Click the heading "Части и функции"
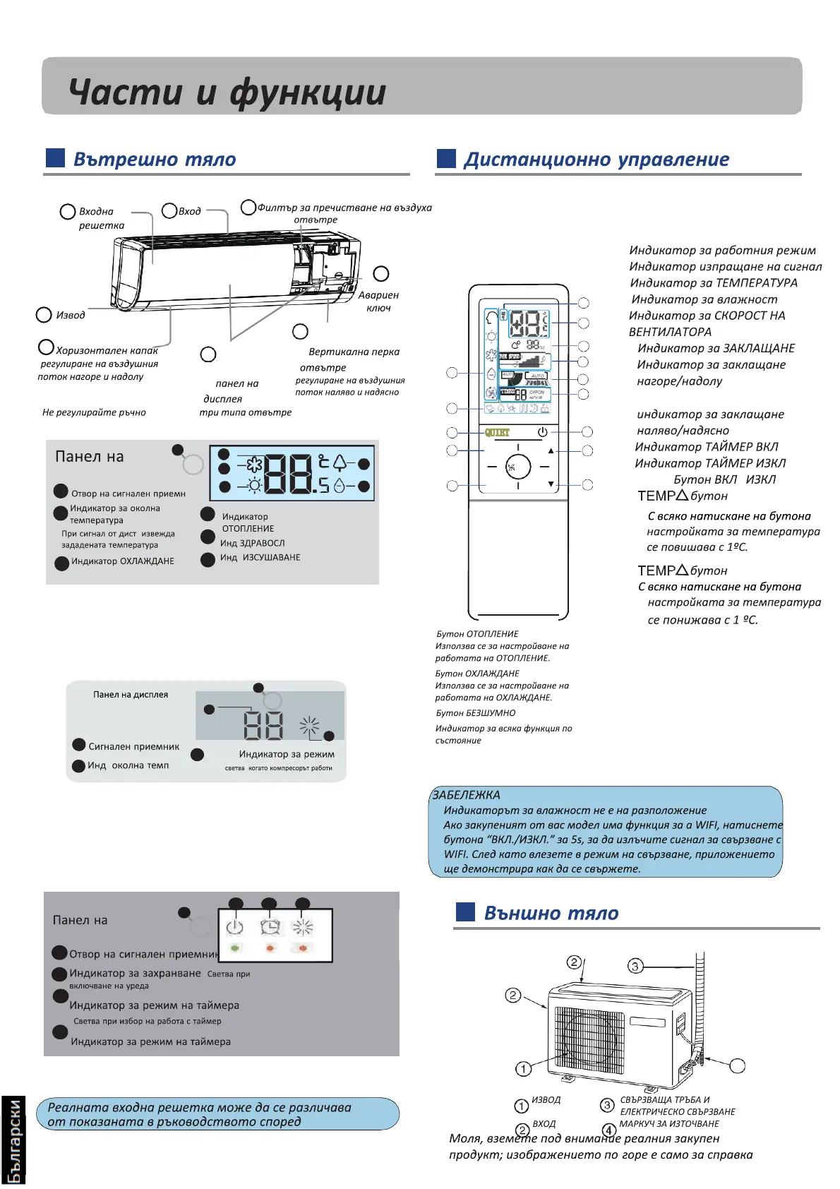click(x=227, y=92)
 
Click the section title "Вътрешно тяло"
click(x=155, y=160)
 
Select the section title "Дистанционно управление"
click(x=596, y=160)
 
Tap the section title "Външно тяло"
click(x=551, y=913)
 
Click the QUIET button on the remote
click(x=497, y=432)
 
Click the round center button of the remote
click(x=518, y=467)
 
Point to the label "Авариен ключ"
click(x=378, y=301)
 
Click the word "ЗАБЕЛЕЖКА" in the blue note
click(x=466, y=795)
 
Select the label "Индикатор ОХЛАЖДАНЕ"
click(x=123, y=561)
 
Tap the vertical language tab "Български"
click(x=13, y=1140)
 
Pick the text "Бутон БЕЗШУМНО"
click(x=476, y=713)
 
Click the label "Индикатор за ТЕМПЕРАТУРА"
click(x=714, y=283)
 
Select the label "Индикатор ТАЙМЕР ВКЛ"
click(x=706, y=447)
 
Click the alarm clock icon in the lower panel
click(x=270, y=926)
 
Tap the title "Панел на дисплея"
click(x=131, y=695)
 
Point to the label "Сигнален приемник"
click(x=133, y=746)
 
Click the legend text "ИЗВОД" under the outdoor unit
click(x=546, y=1100)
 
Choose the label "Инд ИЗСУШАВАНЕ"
click(x=260, y=558)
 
